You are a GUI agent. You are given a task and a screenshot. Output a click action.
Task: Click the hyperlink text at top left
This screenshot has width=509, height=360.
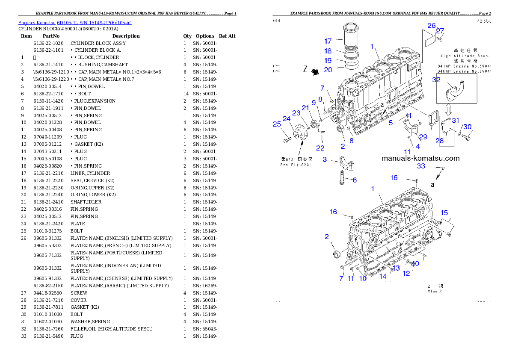point(75,22)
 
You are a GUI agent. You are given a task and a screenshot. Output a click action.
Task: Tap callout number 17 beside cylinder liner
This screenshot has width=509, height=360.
point(328,41)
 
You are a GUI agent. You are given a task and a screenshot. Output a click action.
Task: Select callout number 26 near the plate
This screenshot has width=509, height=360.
point(432,26)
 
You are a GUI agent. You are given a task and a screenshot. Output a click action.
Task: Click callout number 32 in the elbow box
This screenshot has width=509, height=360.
point(436,80)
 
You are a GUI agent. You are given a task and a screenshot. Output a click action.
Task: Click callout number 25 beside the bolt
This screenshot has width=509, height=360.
point(277,124)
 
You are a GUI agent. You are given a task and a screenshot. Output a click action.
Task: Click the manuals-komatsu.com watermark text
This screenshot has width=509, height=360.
point(420,158)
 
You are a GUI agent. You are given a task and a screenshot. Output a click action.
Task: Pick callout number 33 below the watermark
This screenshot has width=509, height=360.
point(421,166)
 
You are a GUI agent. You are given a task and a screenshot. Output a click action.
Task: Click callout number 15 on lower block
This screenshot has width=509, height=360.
point(444,212)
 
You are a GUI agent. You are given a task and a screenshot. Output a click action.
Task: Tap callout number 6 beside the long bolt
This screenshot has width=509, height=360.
point(354,180)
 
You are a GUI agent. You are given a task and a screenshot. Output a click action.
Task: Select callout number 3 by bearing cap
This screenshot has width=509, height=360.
point(325,159)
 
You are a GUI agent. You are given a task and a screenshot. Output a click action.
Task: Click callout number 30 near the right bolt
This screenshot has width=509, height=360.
point(468,127)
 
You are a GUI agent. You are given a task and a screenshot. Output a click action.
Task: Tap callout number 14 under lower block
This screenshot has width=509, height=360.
point(383,277)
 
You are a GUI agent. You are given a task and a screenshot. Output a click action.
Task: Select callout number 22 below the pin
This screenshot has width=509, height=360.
point(320,148)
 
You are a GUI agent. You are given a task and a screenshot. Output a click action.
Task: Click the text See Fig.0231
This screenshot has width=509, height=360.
point(296,164)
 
